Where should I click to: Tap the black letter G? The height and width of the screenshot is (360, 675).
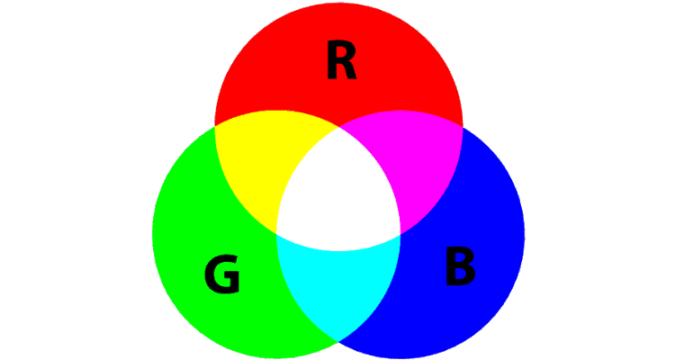222,275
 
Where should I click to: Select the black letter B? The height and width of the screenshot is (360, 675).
460,266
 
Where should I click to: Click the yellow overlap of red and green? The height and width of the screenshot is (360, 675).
257,162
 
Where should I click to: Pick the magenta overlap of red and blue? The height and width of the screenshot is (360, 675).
419,162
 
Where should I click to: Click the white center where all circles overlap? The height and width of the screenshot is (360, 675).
338,194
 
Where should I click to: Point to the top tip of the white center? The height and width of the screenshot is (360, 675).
338,127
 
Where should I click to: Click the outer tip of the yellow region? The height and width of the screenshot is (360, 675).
216,125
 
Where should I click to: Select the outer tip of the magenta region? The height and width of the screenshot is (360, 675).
462,125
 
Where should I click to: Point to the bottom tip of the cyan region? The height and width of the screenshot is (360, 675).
338,341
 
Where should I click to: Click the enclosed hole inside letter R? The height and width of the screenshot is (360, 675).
340,52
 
